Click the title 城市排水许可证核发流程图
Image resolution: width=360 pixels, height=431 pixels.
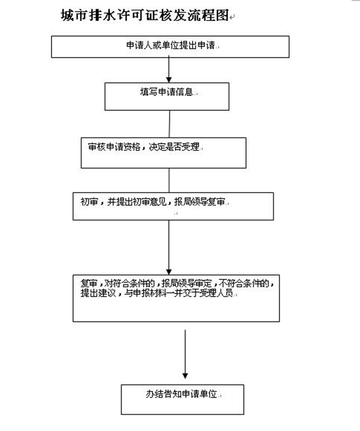[x=144, y=15]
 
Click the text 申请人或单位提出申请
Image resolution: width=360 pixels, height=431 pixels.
[x=171, y=45]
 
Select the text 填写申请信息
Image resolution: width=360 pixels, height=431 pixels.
[x=167, y=92]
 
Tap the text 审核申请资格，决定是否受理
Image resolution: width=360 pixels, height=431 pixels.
[x=144, y=147]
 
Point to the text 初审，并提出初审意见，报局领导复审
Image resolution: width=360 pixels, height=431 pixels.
[x=152, y=202]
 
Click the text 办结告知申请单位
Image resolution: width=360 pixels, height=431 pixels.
[x=181, y=394]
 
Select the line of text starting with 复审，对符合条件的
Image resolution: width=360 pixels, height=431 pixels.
[x=177, y=283]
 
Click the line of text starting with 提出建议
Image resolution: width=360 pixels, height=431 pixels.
[x=157, y=293]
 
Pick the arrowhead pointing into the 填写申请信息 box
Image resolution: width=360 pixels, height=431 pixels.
[x=169, y=80]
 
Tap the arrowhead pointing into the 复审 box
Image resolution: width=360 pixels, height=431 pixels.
[x=169, y=272]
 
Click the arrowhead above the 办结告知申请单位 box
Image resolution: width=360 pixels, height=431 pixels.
[x=185, y=376]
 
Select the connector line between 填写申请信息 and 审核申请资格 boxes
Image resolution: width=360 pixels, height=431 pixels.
[x=169, y=124]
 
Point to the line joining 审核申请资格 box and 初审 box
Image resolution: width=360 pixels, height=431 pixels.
[x=169, y=180]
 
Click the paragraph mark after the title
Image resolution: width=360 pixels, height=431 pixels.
[x=232, y=17]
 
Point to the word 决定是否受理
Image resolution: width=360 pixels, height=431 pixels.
[x=174, y=147]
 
